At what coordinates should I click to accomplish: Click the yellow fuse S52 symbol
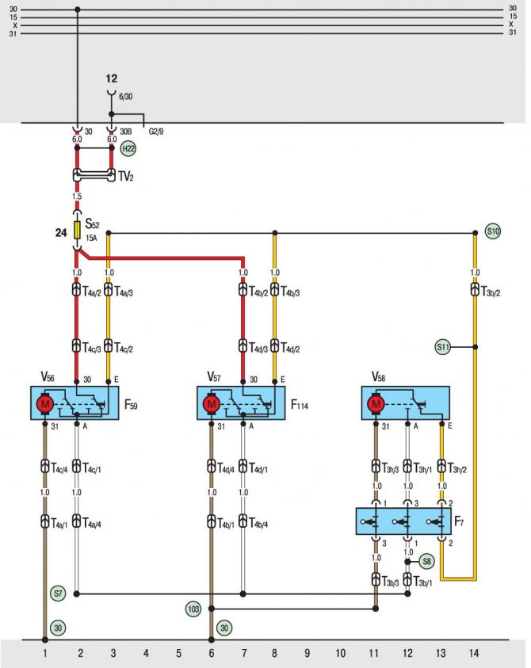[77, 230]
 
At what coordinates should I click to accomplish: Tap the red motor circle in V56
[44, 404]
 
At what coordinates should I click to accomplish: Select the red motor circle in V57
[212, 404]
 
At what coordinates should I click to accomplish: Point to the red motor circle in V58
[376, 404]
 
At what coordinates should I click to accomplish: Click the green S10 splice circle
[493, 231]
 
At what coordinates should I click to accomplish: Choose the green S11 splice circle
[443, 347]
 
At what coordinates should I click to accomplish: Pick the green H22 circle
[128, 149]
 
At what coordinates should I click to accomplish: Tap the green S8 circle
[426, 562]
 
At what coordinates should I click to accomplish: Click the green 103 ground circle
[193, 609]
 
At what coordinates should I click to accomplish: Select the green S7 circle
[58, 593]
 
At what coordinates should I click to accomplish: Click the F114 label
[299, 404]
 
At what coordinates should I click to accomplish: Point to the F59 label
[131, 404]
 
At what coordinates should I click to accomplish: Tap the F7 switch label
[459, 521]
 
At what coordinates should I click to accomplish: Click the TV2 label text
[126, 176]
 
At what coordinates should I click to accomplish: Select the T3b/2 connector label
[491, 292]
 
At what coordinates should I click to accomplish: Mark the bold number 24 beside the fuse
[61, 233]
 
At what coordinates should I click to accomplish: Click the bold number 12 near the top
[111, 78]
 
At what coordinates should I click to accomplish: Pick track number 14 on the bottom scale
[474, 653]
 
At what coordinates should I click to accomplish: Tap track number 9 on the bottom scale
[307, 653]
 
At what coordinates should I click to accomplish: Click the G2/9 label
[156, 132]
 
